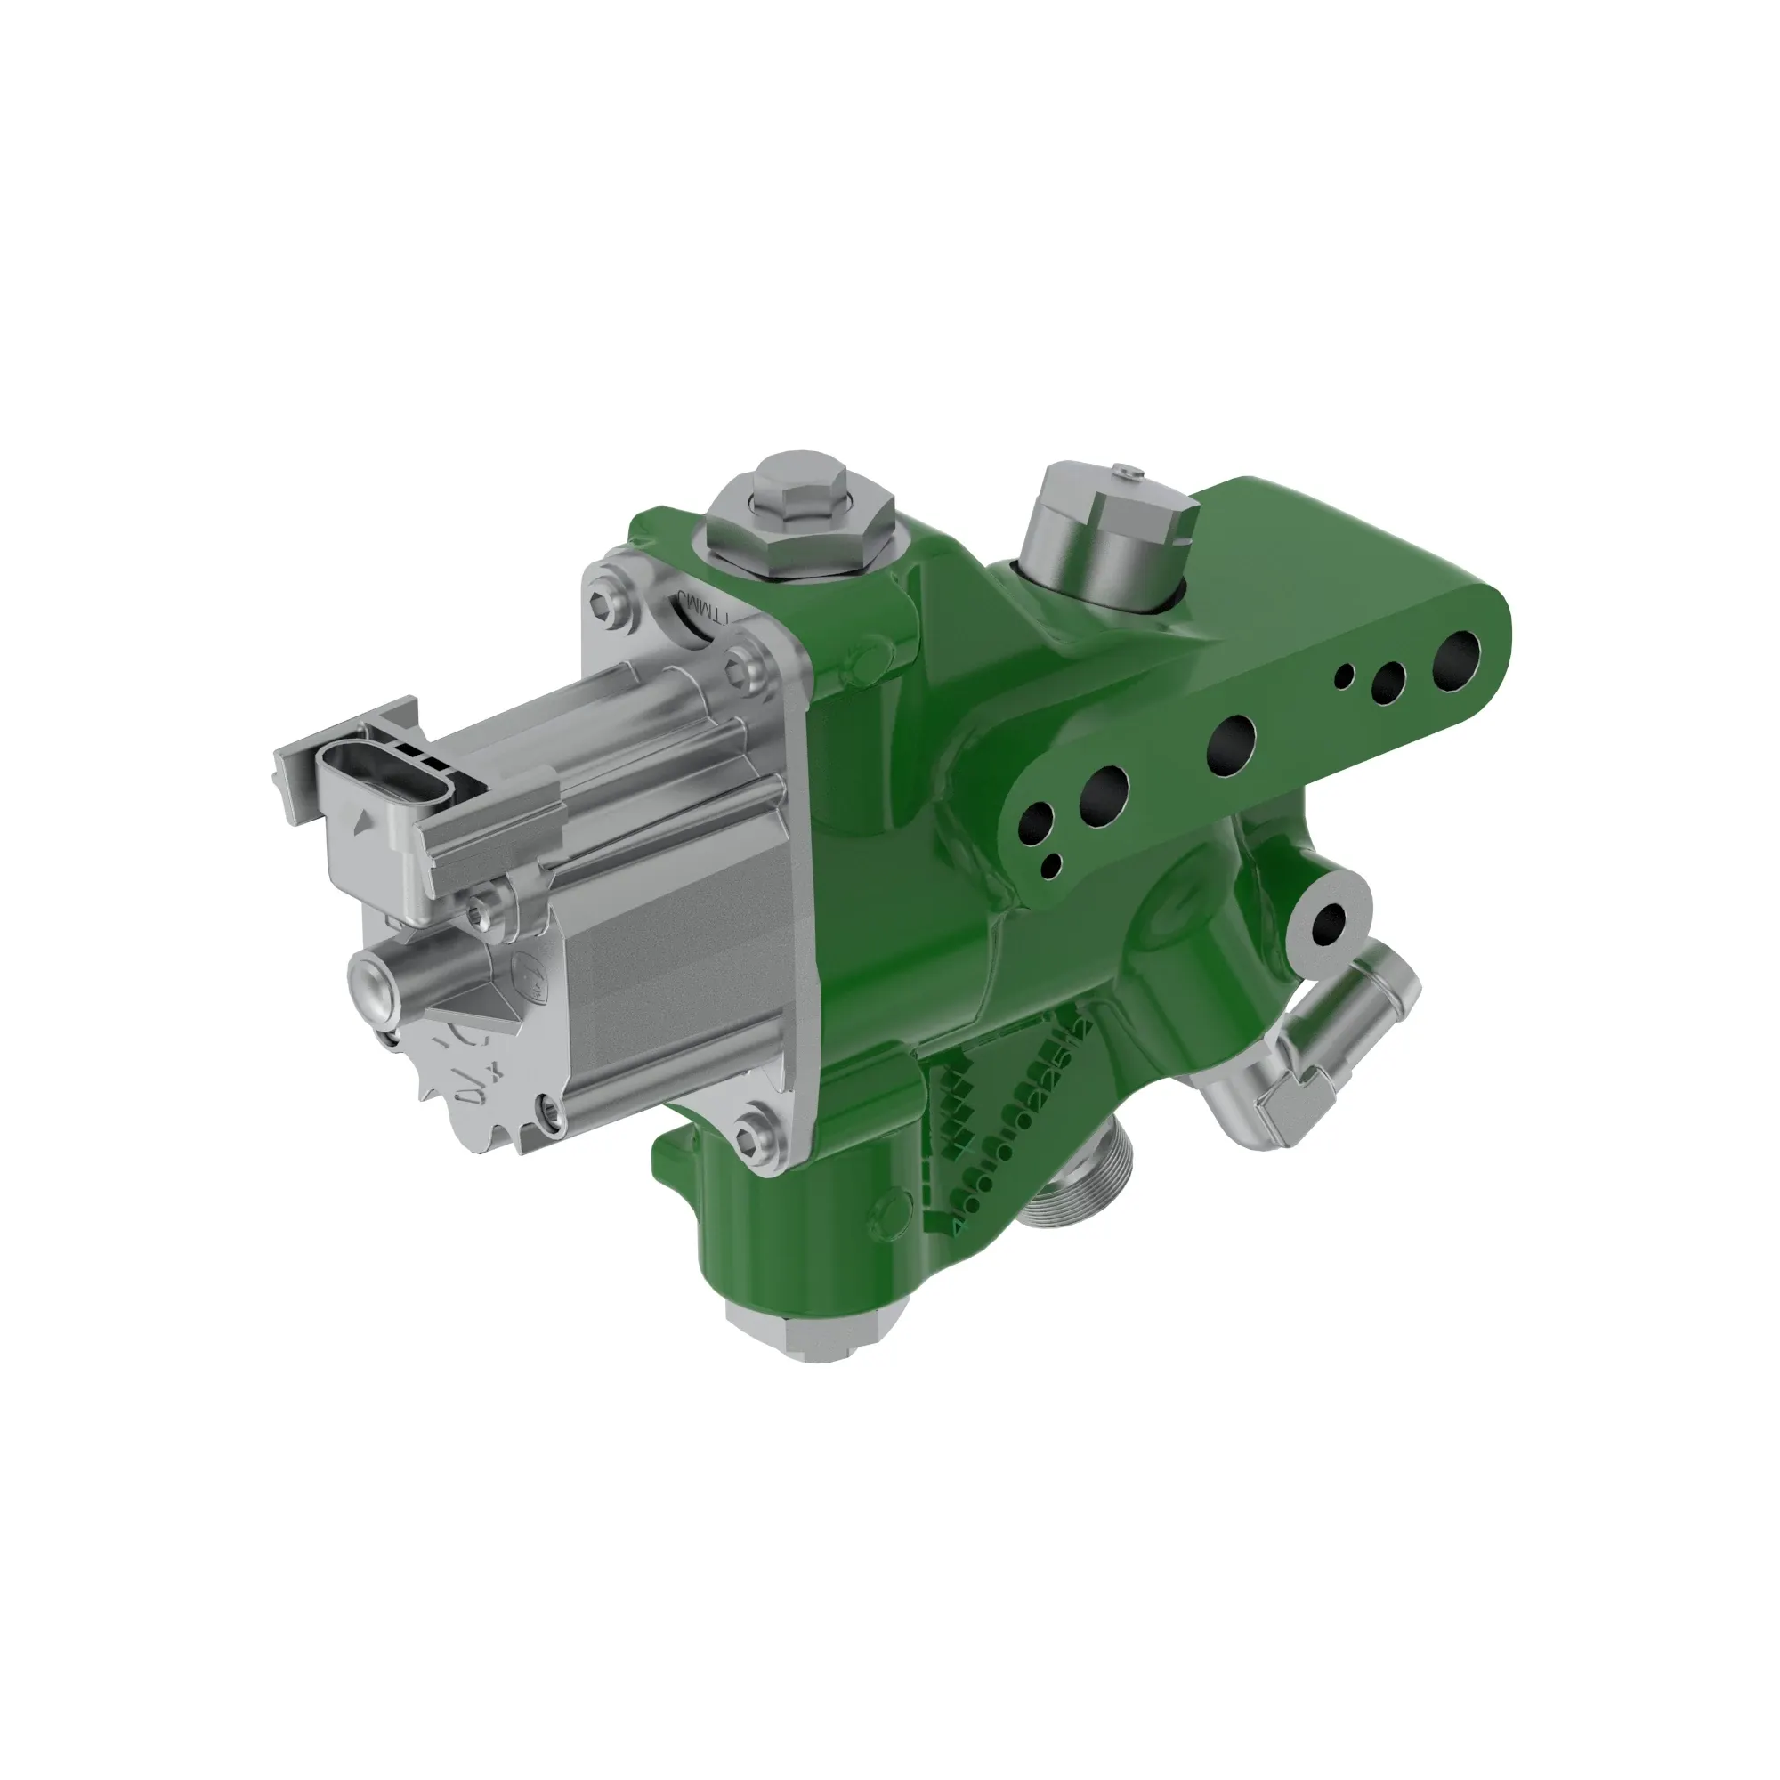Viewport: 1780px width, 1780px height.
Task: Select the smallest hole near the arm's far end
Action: pos(1346,676)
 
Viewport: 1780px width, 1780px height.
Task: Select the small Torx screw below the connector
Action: pos(479,914)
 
